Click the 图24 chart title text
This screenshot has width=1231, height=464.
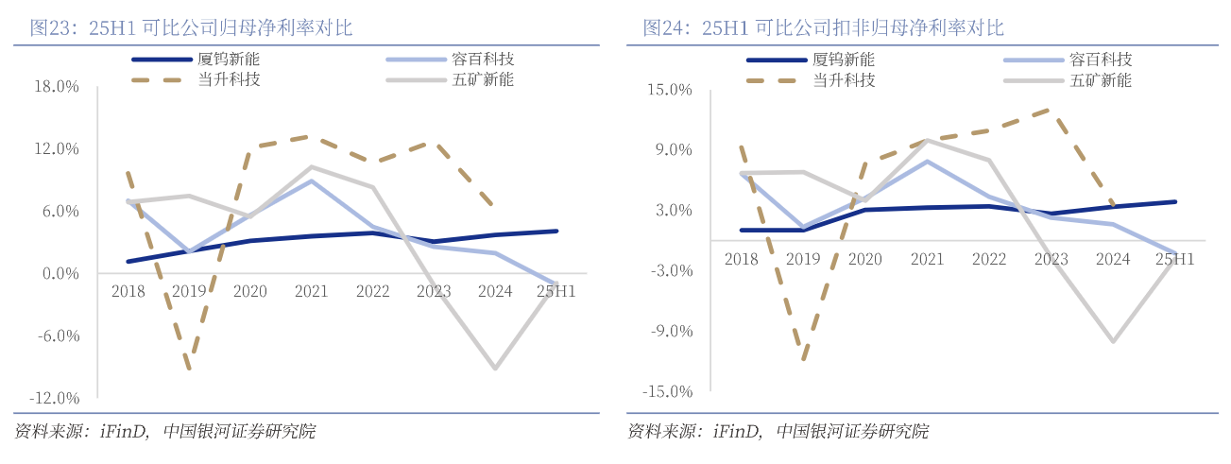coord(823,27)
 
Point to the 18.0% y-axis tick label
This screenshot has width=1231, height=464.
coord(56,87)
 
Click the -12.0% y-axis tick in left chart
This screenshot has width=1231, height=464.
coord(54,398)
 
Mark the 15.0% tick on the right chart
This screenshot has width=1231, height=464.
coord(670,90)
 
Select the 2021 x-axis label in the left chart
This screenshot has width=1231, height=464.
coord(312,291)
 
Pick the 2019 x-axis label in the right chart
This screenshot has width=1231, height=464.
coord(803,258)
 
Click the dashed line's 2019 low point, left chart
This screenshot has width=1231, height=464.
coord(190,368)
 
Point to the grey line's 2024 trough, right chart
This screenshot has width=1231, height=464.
coord(1114,341)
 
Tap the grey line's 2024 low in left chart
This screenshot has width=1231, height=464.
coord(494,368)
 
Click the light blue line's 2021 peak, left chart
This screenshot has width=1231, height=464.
coord(312,180)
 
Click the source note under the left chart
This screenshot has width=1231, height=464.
coord(165,432)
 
